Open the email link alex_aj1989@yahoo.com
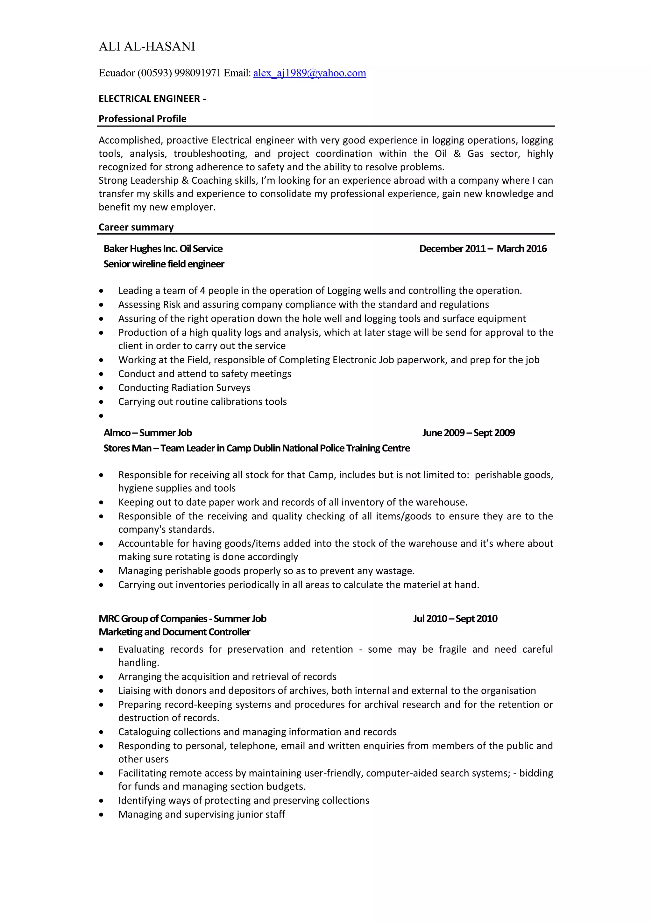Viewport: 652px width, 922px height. click(x=309, y=73)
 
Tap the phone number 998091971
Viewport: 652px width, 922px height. click(x=197, y=73)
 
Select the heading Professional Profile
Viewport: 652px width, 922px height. click(x=143, y=119)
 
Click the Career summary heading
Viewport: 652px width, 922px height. click(x=136, y=227)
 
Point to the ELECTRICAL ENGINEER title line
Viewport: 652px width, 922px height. click(x=152, y=99)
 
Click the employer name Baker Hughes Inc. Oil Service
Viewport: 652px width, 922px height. click(x=163, y=249)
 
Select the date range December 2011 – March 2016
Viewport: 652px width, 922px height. click(x=483, y=249)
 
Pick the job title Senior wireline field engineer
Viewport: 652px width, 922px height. click(x=164, y=264)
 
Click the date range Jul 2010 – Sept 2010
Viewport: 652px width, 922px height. click(x=455, y=618)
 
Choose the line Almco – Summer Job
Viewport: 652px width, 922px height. click(x=147, y=432)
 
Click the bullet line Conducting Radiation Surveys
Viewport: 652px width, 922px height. click(x=184, y=387)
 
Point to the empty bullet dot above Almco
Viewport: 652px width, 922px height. click(x=101, y=415)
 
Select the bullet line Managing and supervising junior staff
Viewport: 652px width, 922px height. click(x=202, y=814)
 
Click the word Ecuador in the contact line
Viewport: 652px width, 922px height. click(x=117, y=73)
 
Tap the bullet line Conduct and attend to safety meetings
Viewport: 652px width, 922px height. click(x=204, y=374)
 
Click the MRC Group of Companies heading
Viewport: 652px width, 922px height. click(x=182, y=618)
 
